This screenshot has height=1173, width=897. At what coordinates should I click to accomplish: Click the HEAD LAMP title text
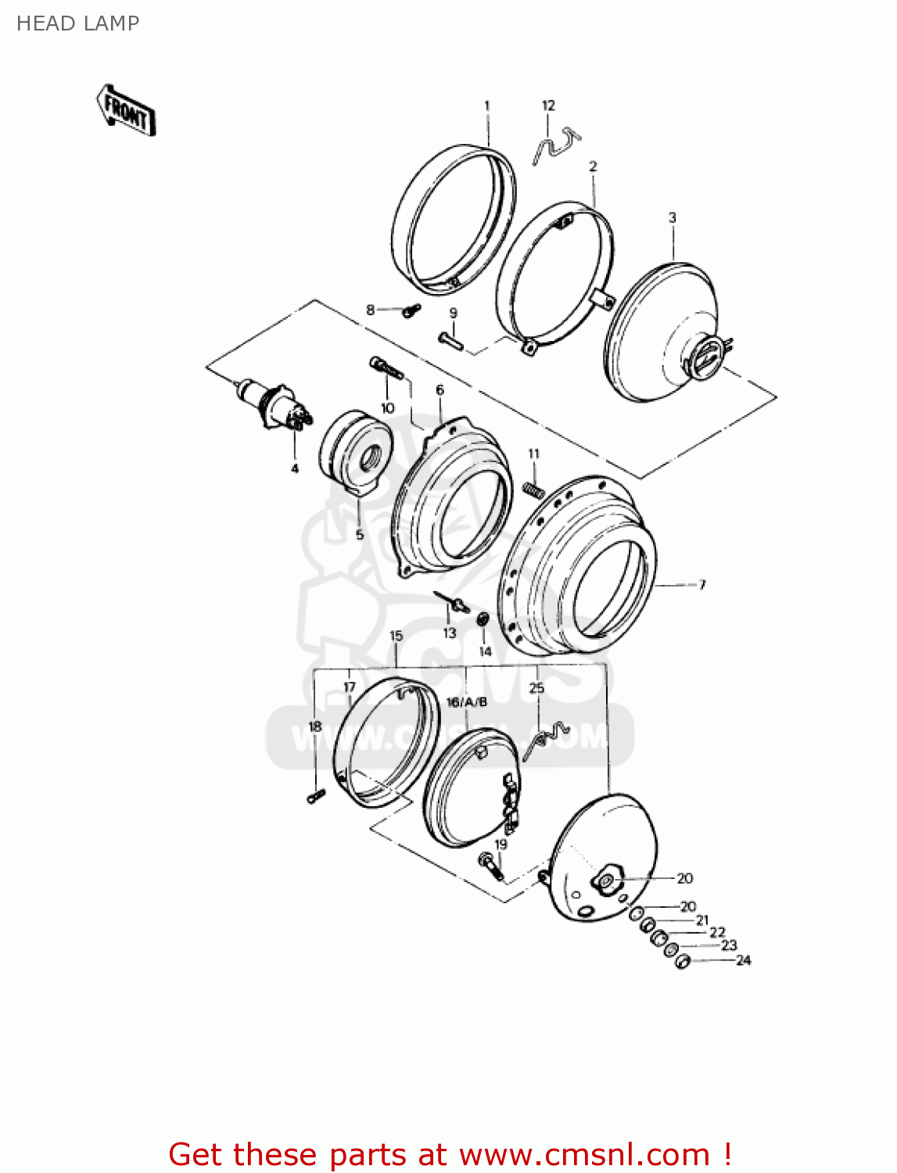[77, 23]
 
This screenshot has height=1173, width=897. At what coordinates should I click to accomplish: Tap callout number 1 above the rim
[486, 106]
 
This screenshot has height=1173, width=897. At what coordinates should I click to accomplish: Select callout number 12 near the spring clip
[548, 106]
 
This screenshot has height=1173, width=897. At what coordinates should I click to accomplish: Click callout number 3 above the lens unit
[672, 217]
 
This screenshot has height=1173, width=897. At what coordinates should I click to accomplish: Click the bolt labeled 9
[450, 340]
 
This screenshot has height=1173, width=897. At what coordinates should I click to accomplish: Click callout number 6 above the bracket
[440, 389]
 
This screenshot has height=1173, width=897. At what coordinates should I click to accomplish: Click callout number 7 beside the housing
[701, 584]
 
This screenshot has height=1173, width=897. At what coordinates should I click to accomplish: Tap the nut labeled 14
[483, 619]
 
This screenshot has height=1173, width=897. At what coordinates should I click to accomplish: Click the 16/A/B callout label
[466, 702]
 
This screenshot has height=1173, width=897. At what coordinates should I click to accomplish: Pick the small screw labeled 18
[316, 796]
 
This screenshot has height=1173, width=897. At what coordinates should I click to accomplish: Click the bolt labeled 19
[491, 866]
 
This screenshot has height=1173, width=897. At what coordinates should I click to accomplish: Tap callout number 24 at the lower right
[743, 960]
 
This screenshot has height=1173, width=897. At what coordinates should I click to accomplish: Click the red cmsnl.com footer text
[450, 1154]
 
